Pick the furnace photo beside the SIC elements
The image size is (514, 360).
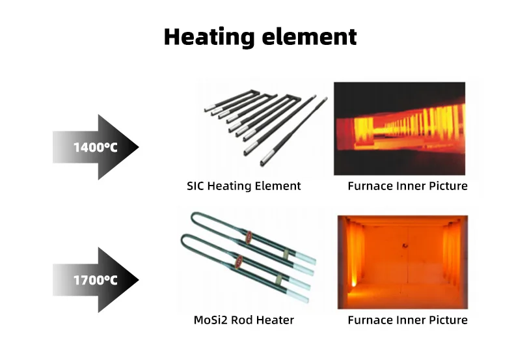coord(399,128)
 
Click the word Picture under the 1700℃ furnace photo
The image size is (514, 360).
coord(448,320)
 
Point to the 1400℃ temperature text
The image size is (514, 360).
coord(95,147)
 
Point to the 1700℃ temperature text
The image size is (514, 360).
coord(95,280)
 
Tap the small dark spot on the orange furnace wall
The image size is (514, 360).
coord(403,245)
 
